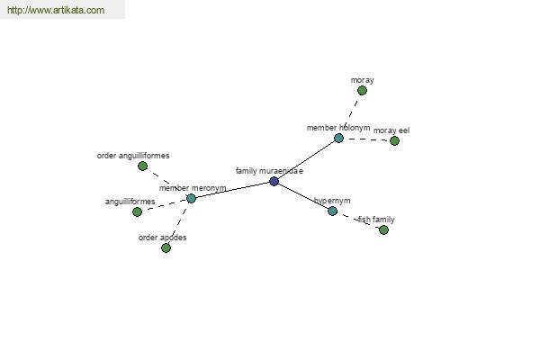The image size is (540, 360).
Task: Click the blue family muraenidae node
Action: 274,181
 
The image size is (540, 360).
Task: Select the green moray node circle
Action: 362,91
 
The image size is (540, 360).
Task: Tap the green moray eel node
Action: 394,140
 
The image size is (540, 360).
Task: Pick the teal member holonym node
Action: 339,138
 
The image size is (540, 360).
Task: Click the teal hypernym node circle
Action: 332,211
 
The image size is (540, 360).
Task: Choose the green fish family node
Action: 383,229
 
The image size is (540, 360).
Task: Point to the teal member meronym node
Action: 191,198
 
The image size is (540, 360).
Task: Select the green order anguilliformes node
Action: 142,166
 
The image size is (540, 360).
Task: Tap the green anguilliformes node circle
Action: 137,211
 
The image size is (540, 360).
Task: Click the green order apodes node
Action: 166,247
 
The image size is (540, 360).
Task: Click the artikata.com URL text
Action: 56,10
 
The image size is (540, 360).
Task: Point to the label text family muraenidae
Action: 269,171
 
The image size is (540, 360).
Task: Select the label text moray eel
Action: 391,130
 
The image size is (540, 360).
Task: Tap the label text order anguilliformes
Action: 133,156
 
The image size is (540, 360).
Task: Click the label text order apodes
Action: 163,238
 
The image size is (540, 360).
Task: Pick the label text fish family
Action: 376,220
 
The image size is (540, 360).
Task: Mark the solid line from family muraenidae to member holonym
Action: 307,160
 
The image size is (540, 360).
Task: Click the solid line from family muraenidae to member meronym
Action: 232,190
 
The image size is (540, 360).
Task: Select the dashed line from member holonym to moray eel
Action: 367,139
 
